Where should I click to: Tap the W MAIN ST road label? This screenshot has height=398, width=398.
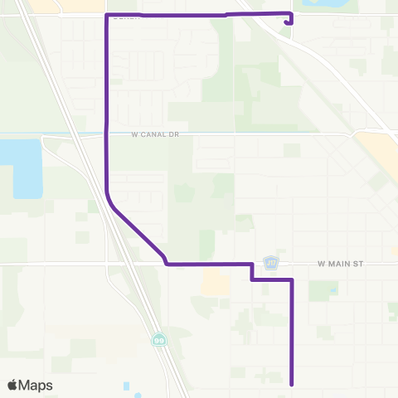(341, 264)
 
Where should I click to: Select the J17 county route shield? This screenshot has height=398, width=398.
(271, 262)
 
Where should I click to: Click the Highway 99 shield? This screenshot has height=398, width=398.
(158, 339)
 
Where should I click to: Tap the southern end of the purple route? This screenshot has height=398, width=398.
(292, 383)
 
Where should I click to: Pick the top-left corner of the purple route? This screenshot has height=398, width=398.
(106, 15)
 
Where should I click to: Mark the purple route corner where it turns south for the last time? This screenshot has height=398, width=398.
(292, 280)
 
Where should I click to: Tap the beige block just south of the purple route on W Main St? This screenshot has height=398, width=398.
(214, 284)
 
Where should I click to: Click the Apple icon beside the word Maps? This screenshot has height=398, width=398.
(12, 385)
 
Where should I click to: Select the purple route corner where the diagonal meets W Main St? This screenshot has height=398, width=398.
(167, 264)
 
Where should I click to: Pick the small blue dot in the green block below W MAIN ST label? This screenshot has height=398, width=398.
(332, 290)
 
